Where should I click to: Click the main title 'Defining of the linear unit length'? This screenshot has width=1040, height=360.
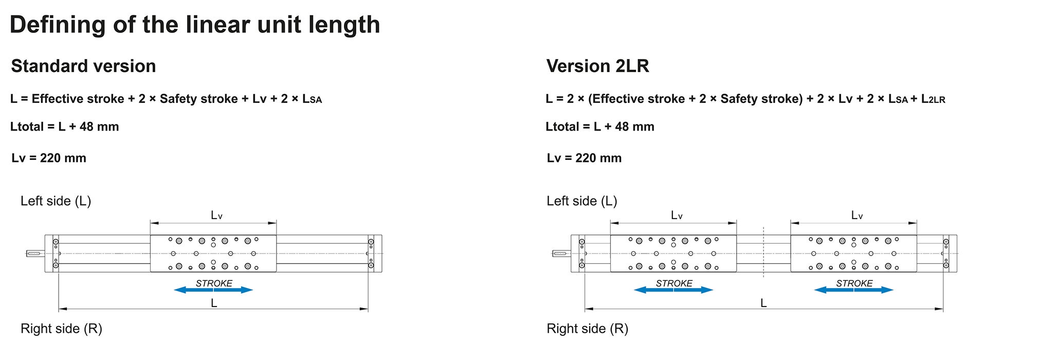pyautogui.click(x=195, y=25)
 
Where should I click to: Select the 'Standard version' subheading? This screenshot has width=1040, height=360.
pyautogui.click(x=83, y=66)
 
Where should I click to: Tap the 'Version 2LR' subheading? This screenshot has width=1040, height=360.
pyautogui.click(x=597, y=66)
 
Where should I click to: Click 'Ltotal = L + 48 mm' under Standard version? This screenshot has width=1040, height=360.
pyautogui.click(x=64, y=127)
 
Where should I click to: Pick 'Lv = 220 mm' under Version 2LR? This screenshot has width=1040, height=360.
pyautogui.click(x=584, y=158)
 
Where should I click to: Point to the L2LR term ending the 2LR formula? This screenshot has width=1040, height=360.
pyautogui.click(x=933, y=99)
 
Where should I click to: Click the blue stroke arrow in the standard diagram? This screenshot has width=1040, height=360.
pyautogui.click(x=213, y=290)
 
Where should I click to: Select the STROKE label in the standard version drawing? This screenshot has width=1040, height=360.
pyautogui.click(x=214, y=283)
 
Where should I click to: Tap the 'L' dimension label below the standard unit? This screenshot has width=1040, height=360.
pyautogui.click(x=214, y=303)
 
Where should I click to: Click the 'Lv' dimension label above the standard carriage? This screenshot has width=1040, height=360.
pyautogui.click(x=216, y=215)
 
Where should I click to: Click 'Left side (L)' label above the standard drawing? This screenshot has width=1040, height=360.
pyautogui.click(x=56, y=201)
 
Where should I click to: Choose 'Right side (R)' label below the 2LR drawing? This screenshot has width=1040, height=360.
pyautogui.click(x=587, y=328)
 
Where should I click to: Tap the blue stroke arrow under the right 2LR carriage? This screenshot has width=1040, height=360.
pyautogui.click(x=854, y=290)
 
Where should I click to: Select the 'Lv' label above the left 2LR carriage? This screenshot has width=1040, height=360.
pyautogui.click(x=677, y=215)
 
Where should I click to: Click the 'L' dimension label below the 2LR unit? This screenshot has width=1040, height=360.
pyautogui.click(x=763, y=303)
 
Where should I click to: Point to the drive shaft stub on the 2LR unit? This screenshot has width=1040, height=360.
pyautogui.click(x=561, y=254)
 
